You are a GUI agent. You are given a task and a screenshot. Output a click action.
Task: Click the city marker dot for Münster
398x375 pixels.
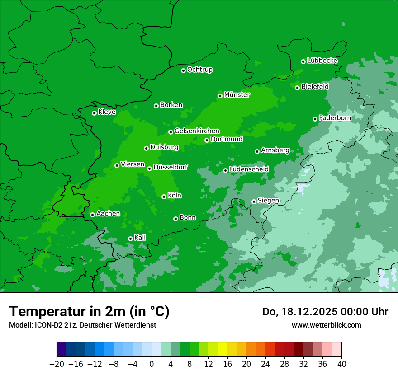pos(220,96)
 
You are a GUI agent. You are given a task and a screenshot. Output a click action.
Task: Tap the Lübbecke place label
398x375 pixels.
pos(322,61)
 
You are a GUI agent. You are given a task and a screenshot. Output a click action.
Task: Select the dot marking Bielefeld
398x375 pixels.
pos(297,88)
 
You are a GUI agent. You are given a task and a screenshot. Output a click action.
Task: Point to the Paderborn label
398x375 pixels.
pos(335,118)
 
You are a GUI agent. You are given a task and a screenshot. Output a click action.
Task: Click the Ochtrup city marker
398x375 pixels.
pos(183,70)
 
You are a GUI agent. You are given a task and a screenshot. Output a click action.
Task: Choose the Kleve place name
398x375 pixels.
pos(107,112)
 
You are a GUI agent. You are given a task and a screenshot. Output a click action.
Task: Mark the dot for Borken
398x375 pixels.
pos(156,106)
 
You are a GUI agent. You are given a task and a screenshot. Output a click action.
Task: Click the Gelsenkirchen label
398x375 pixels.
pos(197,131)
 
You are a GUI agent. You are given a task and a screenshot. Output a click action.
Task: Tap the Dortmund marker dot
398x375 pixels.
pos(207,140)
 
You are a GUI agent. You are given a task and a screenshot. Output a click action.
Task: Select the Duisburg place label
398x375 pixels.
pos(164,147)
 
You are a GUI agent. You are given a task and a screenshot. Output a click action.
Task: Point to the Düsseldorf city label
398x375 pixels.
pos(170,168)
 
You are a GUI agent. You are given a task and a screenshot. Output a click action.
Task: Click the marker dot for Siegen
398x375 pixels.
pos(254,202)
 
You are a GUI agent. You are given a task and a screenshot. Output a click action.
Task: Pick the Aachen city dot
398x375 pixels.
pos(92,215)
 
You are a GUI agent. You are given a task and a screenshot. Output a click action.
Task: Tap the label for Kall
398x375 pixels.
pos(140,238)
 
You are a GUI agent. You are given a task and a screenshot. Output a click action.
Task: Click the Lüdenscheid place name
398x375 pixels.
pos(249,169)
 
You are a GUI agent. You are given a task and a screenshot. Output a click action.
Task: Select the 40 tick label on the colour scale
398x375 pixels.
pos(341,364)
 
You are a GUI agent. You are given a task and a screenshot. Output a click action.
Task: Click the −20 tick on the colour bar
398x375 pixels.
pos(57,364)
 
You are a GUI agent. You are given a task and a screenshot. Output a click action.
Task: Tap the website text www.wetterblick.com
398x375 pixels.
pos(326,325)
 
